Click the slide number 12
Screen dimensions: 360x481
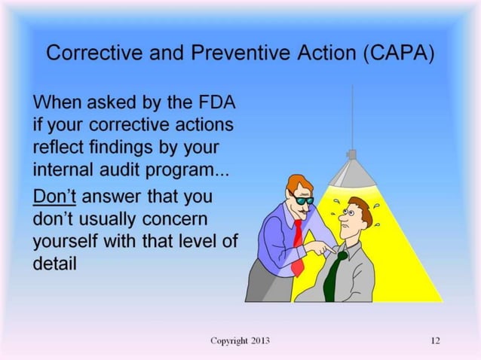435,340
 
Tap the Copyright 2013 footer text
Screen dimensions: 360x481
240,340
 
